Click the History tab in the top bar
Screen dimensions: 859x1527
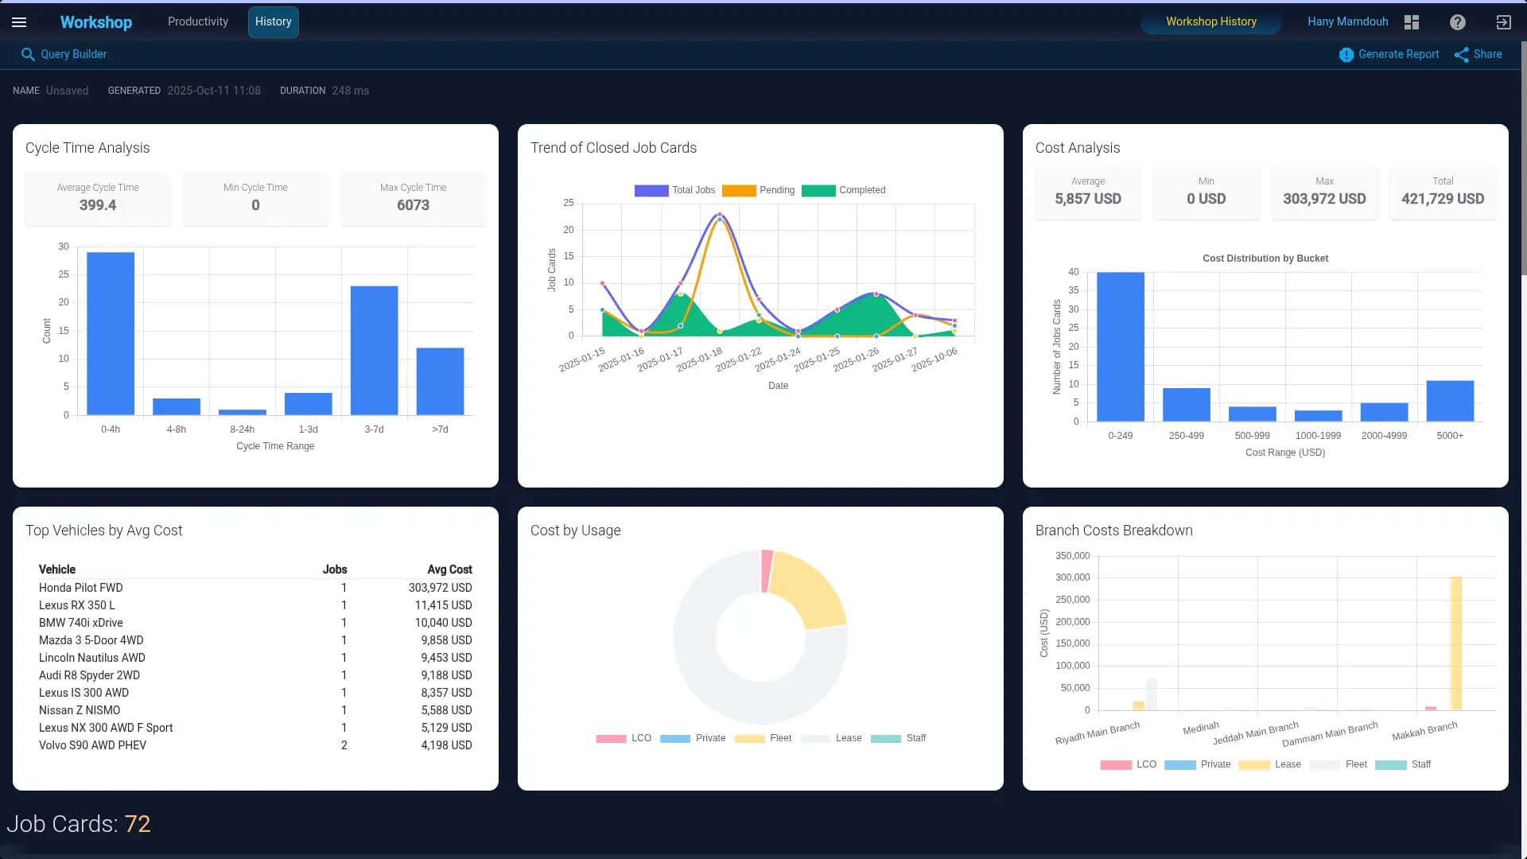[273, 22]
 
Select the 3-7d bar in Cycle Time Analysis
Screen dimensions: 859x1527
[374, 350]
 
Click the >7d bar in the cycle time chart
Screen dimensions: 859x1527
[440, 381]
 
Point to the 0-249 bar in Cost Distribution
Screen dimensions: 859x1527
[1120, 347]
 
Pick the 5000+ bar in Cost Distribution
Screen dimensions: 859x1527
[1450, 401]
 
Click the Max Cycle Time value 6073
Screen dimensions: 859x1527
[413, 205]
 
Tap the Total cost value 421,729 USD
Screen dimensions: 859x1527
[1443, 199]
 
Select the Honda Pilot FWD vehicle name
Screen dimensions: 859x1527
[81, 588]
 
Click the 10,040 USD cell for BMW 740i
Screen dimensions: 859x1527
[443, 623]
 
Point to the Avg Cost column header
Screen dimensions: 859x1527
[449, 569]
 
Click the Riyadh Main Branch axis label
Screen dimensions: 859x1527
[1098, 733]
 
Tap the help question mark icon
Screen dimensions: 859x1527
[1457, 22]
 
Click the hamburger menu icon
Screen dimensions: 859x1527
[19, 22]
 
